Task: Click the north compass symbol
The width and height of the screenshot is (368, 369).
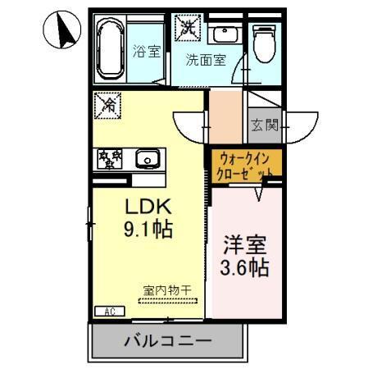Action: click(x=61, y=30)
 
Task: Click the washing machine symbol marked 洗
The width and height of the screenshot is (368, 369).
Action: click(x=190, y=28)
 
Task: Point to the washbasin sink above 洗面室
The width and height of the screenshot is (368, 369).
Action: click(x=222, y=34)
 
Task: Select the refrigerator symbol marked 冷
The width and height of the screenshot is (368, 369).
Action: click(x=107, y=105)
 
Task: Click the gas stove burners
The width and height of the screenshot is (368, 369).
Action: click(x=109, y=157)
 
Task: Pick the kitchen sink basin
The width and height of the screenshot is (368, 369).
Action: click(x=149, y=157)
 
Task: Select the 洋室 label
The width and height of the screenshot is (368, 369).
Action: click(x=246, y=244)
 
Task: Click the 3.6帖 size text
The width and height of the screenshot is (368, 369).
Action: click(x=246, y=267)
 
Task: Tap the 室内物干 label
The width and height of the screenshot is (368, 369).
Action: click(x=168, y=289)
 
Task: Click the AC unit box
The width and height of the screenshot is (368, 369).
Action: click(x=108, y=311)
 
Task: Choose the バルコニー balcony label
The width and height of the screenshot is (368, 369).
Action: click(x=168, y=340)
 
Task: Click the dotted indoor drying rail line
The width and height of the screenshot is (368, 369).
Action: click(x=167, y=300)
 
